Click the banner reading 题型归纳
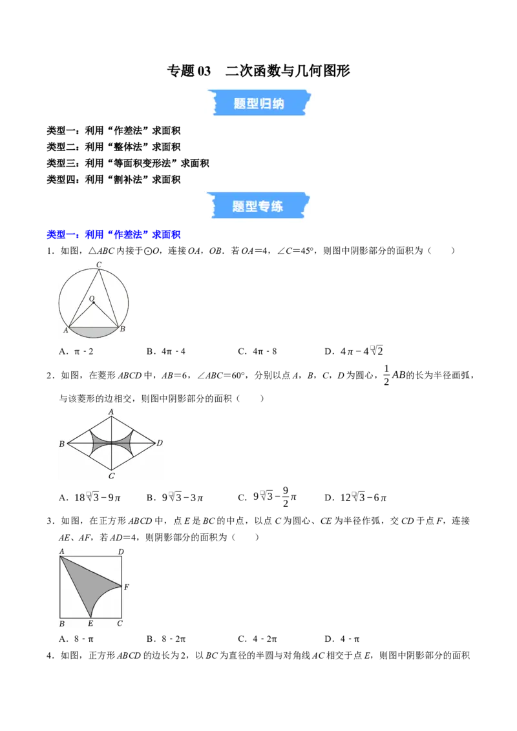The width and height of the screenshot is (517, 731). tap(259, 103)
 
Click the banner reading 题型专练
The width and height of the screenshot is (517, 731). tap(258, 205)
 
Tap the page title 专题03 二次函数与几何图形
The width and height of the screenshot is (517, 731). tap(258, 71)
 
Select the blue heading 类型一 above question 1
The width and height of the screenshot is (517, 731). tap(113, 234)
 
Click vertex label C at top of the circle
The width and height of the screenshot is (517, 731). tap(99, 265)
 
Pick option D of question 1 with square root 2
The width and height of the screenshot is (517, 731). tap(353, 351)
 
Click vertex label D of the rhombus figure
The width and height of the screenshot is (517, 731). tap(160, 442)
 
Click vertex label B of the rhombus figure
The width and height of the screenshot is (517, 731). tap(61, 444)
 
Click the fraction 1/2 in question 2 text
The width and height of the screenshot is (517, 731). tap(386, 375)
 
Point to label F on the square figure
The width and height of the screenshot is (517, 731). tap(127, 587)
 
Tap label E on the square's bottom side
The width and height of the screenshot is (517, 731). tap(90, 623)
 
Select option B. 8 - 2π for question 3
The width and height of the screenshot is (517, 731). tap(166, 639)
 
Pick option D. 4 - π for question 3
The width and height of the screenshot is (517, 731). tap(342, 639)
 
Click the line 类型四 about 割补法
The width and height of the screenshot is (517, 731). tap(113, 180)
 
